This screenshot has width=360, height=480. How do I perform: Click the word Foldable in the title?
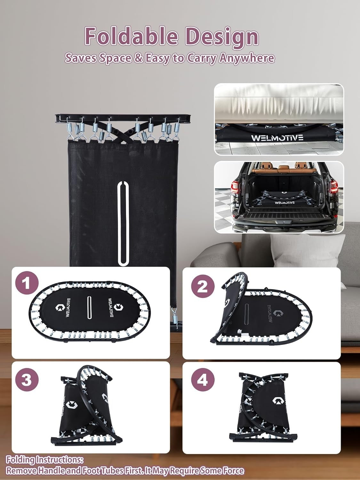pyautogui.click(x=131, y=36)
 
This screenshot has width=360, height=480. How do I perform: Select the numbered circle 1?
pyautogui.click(x=27, y=284)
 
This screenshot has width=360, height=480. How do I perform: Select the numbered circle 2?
pyautogui.click(x=203, y=286)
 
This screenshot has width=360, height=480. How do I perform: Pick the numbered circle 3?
pyautogui.click(x=27, y=380)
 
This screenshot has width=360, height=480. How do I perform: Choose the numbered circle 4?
pyautogui.click(x=203, y=380)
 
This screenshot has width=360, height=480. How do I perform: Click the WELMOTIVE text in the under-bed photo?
pyautogui.click(x=277, y=138)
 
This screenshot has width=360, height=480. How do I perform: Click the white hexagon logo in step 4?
pyautogui.click(x=276, y=401)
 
